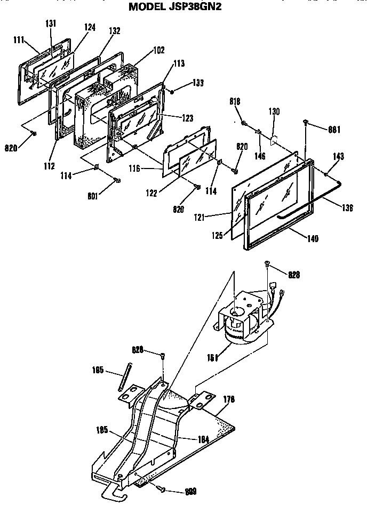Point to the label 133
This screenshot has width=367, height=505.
point(198,84)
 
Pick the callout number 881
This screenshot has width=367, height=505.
point(334,129)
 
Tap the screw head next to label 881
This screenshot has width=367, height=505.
point(306,123)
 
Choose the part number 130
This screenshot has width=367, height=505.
point(274,112)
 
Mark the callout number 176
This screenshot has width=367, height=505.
point(228,399)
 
